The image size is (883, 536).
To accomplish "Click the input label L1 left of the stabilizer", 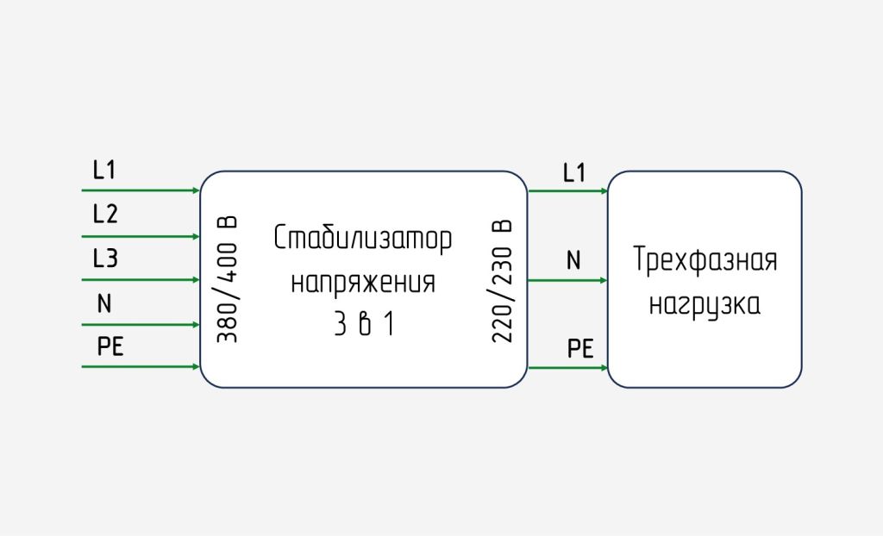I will point(104,170).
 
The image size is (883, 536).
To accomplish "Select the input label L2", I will point(105,214).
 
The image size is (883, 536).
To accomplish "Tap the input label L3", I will point(105,258).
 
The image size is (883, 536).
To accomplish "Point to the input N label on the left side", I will point(104,303).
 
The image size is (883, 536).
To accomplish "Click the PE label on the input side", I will point(110,347).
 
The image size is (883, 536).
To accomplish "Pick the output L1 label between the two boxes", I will point(573,172).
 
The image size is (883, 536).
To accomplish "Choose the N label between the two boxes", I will point(573,259).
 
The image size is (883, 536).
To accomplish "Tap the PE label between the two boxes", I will point(580,348).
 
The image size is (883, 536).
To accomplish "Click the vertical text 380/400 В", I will point(227,279).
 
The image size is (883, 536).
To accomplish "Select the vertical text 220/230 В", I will point(503,279).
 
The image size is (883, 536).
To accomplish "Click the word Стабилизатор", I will point(363,239).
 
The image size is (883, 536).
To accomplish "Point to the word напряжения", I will point(363,282).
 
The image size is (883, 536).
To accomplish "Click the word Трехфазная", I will point(705,259).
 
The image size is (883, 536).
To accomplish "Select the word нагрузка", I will point(705,303).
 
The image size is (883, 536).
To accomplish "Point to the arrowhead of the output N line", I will point(604,280).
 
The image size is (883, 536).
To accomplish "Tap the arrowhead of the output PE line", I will point(604,368).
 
